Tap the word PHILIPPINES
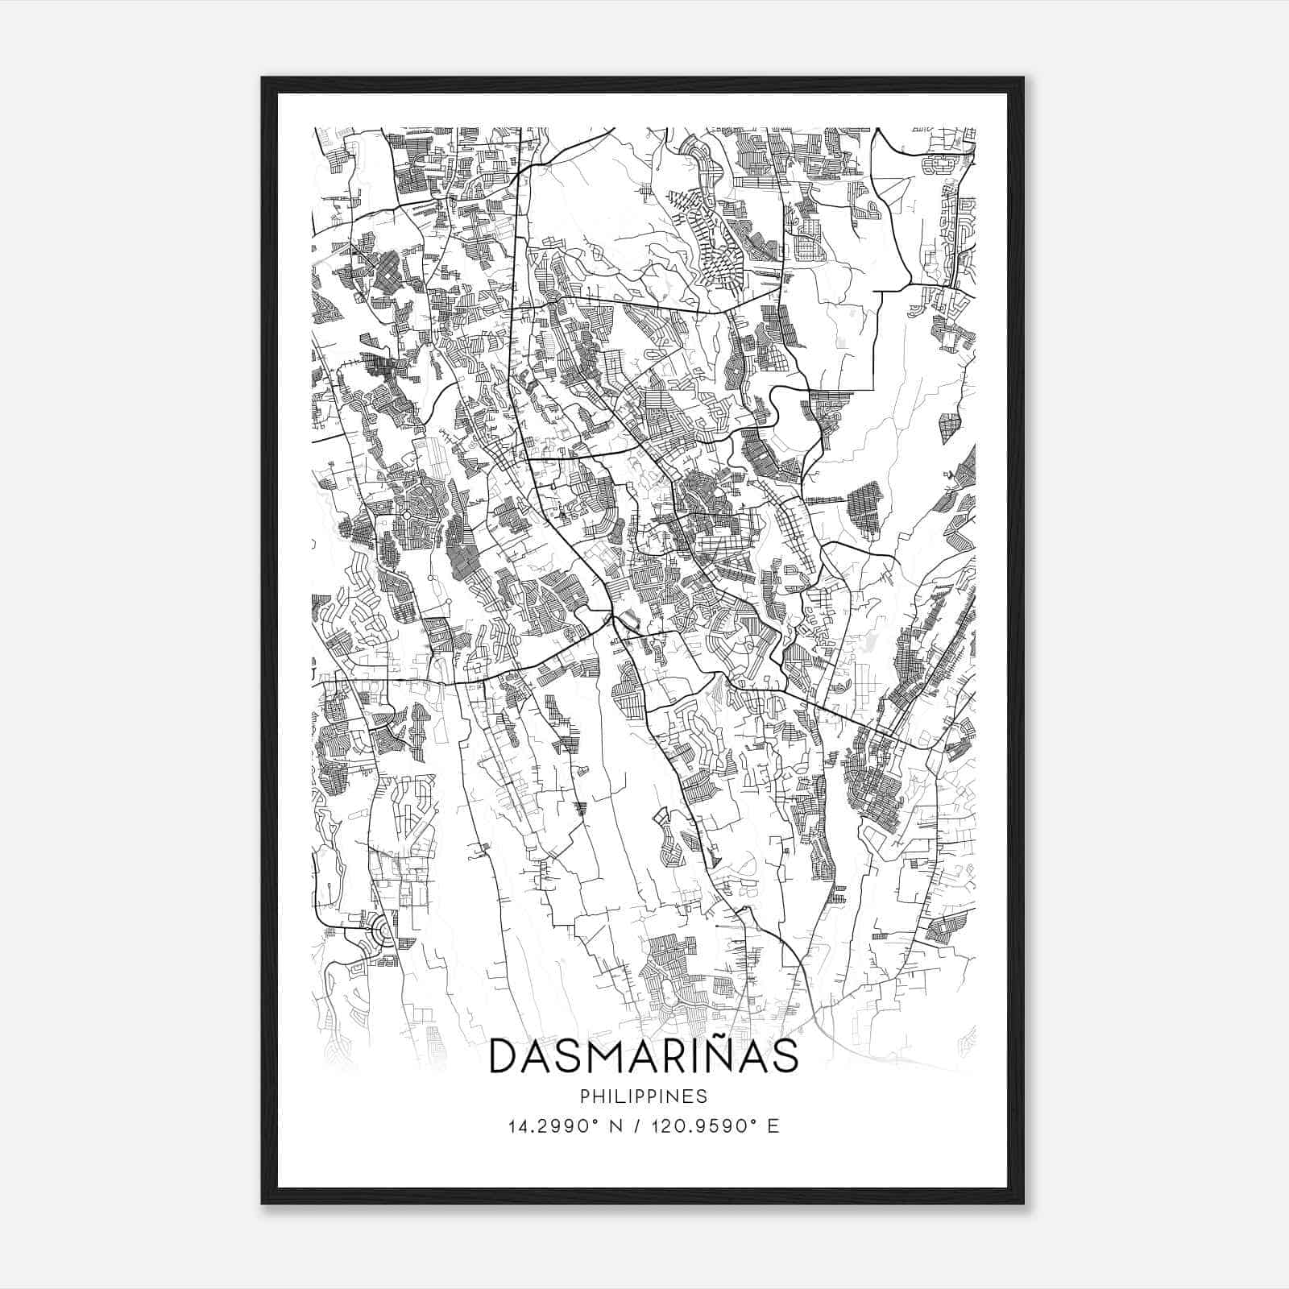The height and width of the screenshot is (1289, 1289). click(x=644, y=1096)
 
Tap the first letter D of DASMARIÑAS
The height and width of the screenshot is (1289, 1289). click(x=505, y=1057)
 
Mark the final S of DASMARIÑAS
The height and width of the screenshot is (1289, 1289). click(x=784, y=1057)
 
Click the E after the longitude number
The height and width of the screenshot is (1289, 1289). click(x=774, y=1126)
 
